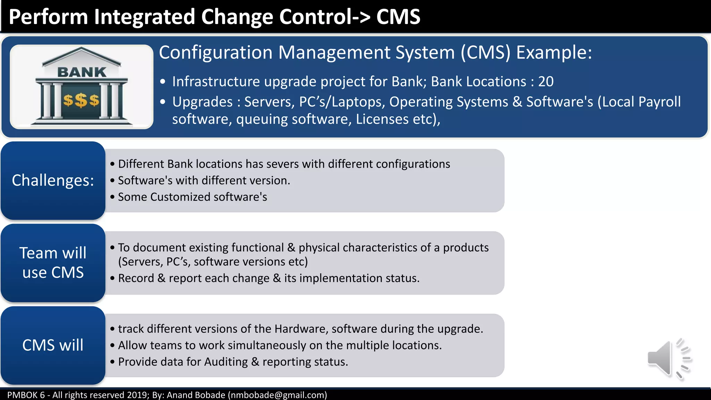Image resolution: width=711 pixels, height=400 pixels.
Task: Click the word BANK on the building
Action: pyautogui.click(x=82, y=72)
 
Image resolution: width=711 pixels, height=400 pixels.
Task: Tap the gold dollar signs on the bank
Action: pyautogui.click(x=81, y=100)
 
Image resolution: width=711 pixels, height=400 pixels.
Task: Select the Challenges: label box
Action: pyautogui.click(x=53, y=180)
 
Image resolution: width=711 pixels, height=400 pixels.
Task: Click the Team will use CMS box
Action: pyautogui.click(x=53, y=262)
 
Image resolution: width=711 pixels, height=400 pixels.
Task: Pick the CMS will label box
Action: pyautogui.click(x=53, y=345)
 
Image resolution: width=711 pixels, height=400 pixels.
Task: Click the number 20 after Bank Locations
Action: pyautogui.click(x=546, y=82)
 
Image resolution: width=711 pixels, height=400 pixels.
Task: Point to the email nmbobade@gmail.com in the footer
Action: pyautogui.click(x=277, y=395)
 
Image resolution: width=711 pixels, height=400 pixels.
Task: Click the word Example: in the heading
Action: pyautogui.click(x=554, y=53)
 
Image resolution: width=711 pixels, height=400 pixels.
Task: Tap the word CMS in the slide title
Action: pyautogui.click(x=398, y=17)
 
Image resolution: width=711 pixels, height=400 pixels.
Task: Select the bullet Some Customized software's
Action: pyautogui.click(x=192, y=197)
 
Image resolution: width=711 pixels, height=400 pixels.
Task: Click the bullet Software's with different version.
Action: pyautogui.click(x=204, y=181)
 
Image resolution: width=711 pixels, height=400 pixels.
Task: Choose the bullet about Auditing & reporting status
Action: pyautogui.click(x=233, y=362)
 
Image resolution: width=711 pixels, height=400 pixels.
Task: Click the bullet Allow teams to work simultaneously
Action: pyautogui.click(x=279, y=345)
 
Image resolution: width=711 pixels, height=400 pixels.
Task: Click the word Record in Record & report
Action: pyautogui.click(x=136, y=278)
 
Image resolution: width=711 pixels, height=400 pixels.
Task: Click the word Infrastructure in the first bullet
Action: pyautogui.click(x=216, y=82)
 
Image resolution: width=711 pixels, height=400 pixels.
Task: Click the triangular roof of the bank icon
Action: pyautogui.click(x=82, y=56)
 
